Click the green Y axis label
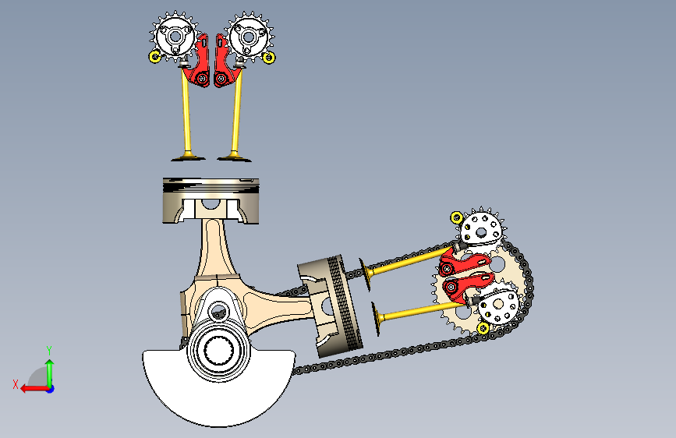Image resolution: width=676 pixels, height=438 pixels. click(x=49, y=350)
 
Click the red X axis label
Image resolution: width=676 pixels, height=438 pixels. click(x=16, y=384)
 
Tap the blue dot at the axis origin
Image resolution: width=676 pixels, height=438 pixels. click(x=51, y=389)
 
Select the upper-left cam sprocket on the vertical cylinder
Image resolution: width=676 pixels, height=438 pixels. click(x=175, y=37)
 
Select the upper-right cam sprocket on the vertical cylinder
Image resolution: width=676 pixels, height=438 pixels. click(x=249, y=37)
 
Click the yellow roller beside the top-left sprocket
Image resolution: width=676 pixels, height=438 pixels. click(x=155, y=56)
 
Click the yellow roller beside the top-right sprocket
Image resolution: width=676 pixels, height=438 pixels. click(x=269, y=58)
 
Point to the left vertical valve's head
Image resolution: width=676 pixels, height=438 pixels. click(x=188, y=157)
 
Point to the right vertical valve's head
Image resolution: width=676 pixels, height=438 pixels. click(x=234, y=158)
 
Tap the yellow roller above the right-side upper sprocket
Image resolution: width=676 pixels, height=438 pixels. click(x=457, y=217)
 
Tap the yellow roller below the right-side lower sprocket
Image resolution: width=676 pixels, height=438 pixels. click(x=483, y=329)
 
